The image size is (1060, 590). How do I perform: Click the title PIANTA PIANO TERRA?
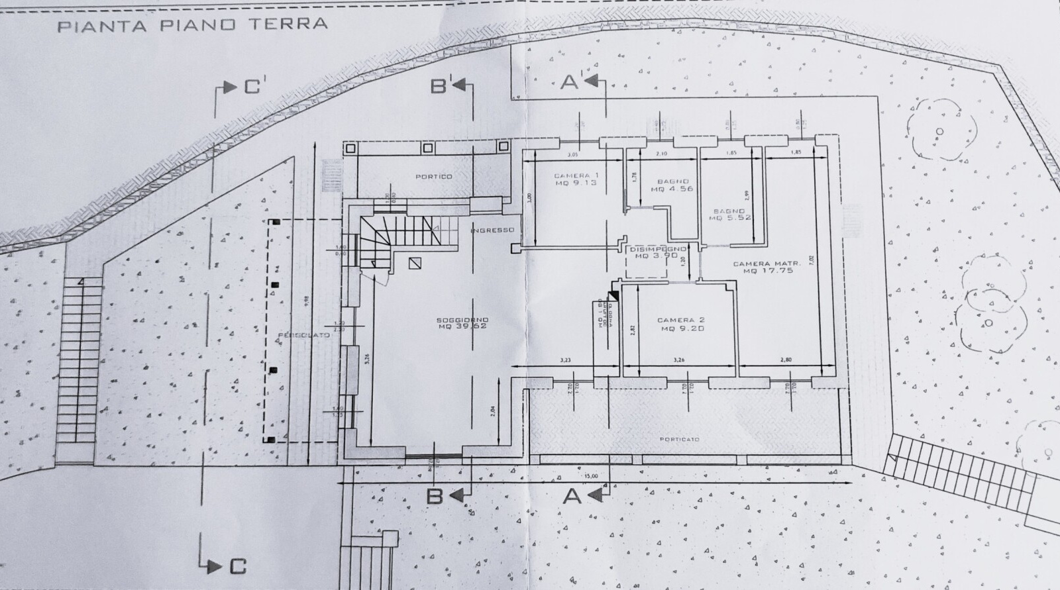[192, 25]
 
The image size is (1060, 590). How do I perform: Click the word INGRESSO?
[492, 230]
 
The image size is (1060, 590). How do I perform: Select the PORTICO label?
[434, 177]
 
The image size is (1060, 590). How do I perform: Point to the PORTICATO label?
[680, 439]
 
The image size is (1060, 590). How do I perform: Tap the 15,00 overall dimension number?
[591, 476]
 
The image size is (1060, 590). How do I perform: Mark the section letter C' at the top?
[251, 87]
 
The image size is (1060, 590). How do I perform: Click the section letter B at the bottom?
[434, 496]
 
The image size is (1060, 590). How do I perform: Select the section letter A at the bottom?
[572, 496]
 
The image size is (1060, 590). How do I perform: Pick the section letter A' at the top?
[570, 82]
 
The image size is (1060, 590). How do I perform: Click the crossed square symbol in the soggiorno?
[415, 263]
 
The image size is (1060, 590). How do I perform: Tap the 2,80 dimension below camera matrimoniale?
[786, 360]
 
